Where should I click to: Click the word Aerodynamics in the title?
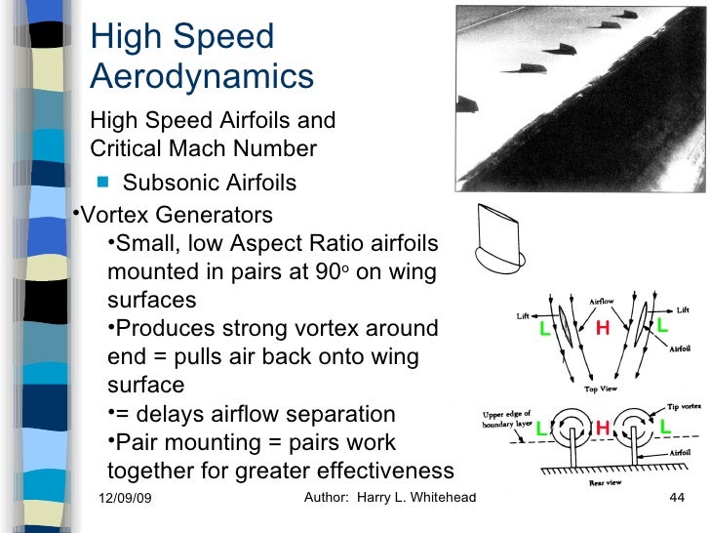pos(202,75)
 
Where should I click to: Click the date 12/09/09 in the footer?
pos(132,500)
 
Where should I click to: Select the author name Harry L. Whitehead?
pos(420,499)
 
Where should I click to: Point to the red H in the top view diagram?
pos(603,330)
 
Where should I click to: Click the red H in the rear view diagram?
pos(603,428)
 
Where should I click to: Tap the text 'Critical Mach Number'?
pos(203,149)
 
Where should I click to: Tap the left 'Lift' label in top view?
pos(523,316)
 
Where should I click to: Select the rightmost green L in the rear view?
pos(666,427)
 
